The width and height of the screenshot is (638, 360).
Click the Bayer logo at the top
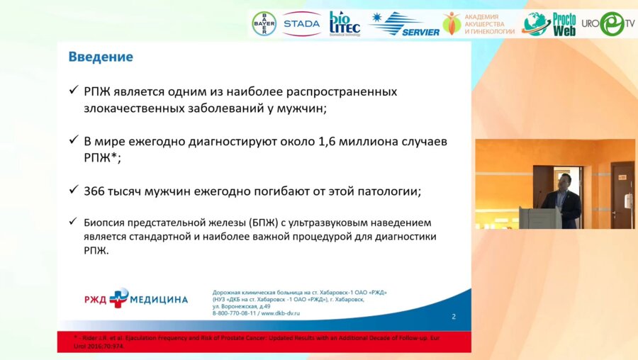(x=264, y=23)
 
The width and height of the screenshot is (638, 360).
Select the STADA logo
(x=301, y=23)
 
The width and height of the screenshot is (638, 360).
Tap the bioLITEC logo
(x=345, y=23)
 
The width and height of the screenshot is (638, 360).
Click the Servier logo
(x=403, y=24)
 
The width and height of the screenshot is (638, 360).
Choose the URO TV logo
(x=607, y=23)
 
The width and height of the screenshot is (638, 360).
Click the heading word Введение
(x=100, y=57)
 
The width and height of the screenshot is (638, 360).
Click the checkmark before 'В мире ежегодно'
(x=73, y=142)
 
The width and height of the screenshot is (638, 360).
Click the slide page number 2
(x=454, y=316)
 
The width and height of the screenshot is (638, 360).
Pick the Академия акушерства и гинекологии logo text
(x=489, y=24)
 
